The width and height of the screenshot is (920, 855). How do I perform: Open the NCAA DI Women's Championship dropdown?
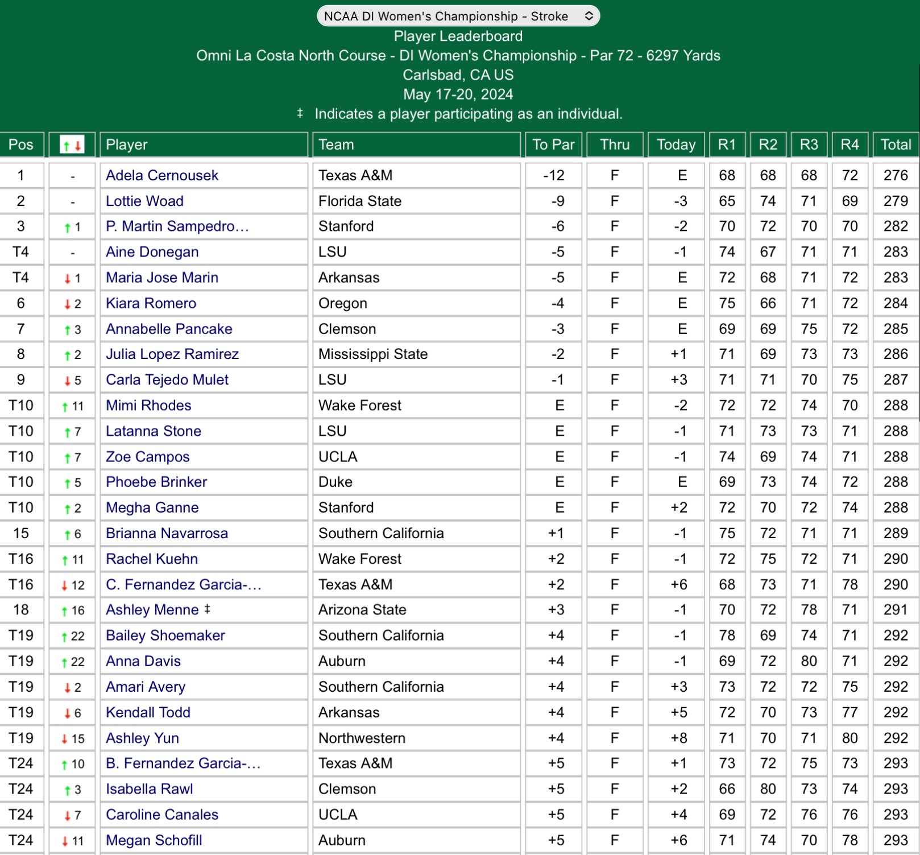point(458,16)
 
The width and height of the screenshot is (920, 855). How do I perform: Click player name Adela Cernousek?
point(162,175)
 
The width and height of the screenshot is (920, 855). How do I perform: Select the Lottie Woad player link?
point(144,201)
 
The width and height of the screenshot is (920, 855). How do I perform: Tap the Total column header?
point(896,144)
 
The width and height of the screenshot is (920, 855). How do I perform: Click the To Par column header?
point(553,144)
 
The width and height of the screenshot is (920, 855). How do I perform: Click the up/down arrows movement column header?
point(72,145)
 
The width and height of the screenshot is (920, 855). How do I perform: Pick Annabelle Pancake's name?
point(169,329)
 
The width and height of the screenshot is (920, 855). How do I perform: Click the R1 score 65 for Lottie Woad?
point(727,201)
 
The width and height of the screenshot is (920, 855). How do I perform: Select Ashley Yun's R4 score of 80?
point(849,738)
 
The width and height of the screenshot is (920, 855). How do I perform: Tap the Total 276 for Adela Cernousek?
point(896,175)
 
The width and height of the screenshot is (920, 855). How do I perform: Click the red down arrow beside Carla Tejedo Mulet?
point(67,381)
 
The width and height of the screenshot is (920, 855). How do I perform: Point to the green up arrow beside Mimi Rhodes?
point(65,406)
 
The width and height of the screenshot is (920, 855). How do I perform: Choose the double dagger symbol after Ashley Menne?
point(207,609)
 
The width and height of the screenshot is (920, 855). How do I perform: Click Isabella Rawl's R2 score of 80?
point(768,789)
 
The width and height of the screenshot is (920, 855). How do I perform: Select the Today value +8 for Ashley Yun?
point(679,738)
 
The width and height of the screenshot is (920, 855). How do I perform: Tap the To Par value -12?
point(553,175)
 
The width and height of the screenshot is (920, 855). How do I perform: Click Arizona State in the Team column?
point(362,610)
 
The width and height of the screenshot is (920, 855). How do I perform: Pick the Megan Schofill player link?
point(154,840)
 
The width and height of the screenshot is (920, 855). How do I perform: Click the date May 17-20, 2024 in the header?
point(458,94)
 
